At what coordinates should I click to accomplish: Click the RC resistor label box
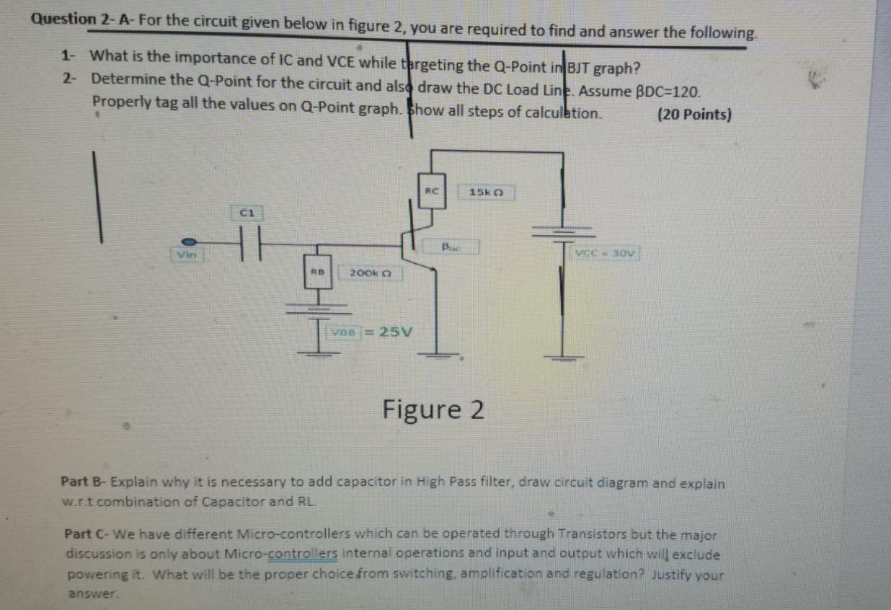pyautogui.click(x=432, y=190)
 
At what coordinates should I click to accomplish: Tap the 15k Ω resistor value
pyautogui.click(x=489, y=193)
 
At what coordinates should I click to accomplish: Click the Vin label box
pyautogui.click(x=187, y=254)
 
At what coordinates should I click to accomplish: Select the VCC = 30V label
pyautogui.click(x=607, y=253)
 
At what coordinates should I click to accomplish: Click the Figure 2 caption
pyautogui.click(x=433, y=410)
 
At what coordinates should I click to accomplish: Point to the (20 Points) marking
pyautogui.click(x=694, y=115)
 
